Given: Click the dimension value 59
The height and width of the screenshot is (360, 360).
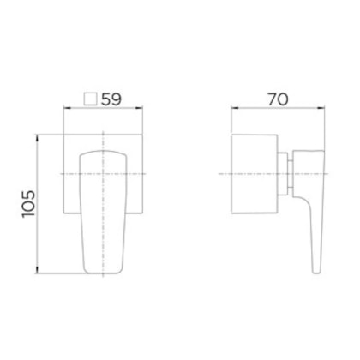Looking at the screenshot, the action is pos(111,99).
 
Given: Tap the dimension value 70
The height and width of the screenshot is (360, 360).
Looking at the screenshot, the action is pos(278,99).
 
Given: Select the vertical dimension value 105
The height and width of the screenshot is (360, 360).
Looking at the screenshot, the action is pos(29,204).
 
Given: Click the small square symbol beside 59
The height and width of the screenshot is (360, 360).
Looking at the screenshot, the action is pos(90,99).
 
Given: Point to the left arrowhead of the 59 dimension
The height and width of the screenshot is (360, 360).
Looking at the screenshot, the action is pos(67,108).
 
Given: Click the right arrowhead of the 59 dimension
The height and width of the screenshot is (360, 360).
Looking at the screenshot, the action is pos(139,108).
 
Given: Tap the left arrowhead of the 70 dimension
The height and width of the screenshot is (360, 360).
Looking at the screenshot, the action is pos(235,108).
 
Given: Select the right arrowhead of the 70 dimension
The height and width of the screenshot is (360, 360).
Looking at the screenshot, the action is pos(321,108).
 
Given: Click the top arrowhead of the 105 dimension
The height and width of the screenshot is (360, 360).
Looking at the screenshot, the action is pos(37,138).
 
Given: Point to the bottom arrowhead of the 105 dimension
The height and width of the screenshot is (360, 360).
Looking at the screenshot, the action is pos(37,270).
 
